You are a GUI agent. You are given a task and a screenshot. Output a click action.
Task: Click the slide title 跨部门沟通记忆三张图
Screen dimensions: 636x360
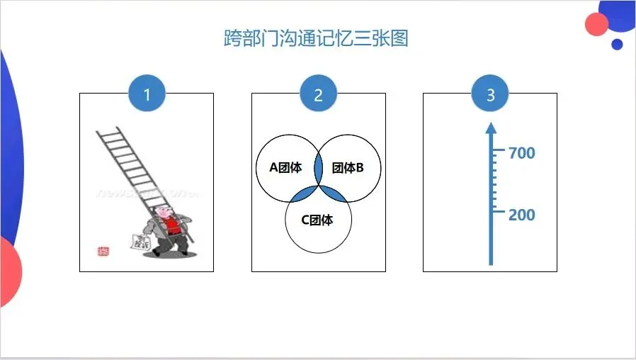tap(316, 38)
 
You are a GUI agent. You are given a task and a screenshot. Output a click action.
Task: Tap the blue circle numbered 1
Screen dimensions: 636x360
tap(147, 94)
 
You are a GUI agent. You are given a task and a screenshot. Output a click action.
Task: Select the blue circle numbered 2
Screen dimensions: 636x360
tap(318, 94)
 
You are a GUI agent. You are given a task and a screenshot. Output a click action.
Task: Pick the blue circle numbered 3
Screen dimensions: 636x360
tap(490, 94)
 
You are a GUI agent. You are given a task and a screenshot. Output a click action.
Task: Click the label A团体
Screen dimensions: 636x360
tap(285, 168)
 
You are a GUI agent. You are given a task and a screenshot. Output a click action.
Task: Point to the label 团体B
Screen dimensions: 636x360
tap(347, 168)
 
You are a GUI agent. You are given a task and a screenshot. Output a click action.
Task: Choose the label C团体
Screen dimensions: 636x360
tap(317, 220)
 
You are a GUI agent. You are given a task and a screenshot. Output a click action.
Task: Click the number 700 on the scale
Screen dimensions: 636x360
tap(522, 152)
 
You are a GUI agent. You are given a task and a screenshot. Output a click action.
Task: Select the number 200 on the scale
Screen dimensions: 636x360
tap(522, 214)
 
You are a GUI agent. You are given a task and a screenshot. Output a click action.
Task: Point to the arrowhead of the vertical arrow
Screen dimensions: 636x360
tap(490, 128)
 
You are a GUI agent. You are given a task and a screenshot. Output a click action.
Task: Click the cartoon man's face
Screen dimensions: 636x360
tap(165, 213)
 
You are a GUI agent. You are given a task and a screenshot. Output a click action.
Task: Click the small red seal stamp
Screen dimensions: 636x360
tap(103, 251)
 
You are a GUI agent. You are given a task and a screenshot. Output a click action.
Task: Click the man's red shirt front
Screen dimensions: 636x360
tap(170, 226)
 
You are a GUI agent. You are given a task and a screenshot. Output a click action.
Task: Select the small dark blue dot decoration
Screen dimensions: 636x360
tap(617, 44)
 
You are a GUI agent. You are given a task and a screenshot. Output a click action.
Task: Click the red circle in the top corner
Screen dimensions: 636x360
tap(597, 24)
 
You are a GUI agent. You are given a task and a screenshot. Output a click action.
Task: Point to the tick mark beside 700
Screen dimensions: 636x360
tap(499, 151)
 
